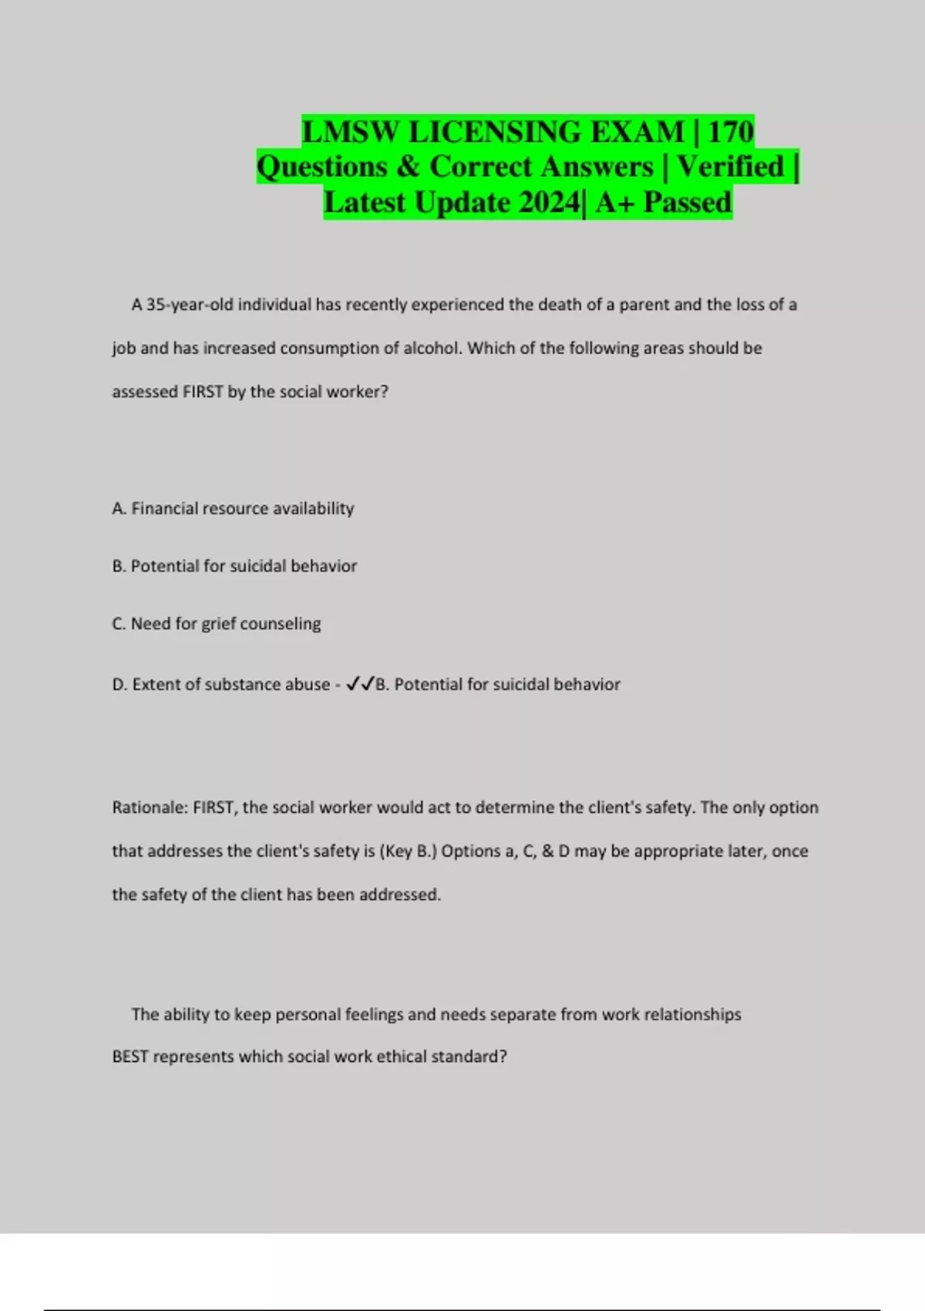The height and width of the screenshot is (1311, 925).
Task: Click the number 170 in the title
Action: point(730,132)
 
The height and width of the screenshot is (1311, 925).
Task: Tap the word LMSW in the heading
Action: point(351,132)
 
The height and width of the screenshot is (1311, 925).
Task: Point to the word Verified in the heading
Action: point(730,167)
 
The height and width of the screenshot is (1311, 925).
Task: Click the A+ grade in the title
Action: point(614,203)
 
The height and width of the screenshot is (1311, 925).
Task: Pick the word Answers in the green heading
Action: point(595,167)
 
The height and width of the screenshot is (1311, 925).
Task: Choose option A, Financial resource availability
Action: point(233,508)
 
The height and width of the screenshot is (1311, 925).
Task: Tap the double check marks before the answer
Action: point(360,684)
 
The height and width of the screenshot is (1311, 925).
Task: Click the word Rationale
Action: point(150,807)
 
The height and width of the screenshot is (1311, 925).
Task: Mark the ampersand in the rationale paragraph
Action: point(547,851)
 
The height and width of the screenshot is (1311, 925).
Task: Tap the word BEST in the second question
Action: point(129,1057)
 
